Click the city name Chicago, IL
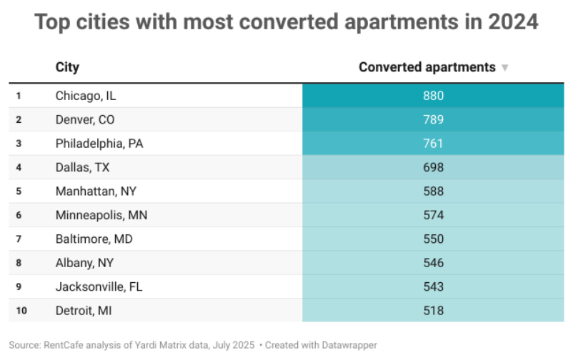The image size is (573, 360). click(85, 96)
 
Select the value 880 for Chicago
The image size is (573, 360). click(433, 96)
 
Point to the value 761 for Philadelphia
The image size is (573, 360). click(433, 144)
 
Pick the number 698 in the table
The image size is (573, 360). click(433, 167)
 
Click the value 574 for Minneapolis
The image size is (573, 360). click(433, 215)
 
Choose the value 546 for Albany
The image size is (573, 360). click(433, 263)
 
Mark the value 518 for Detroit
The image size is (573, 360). click(433, 311)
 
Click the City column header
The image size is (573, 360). click(67, 67)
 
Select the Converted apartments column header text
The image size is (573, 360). click(427, 67)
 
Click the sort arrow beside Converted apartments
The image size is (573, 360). click(505, 68)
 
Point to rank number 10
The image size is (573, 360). click(20, 311)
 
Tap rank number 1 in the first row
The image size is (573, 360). click(19, 96)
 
